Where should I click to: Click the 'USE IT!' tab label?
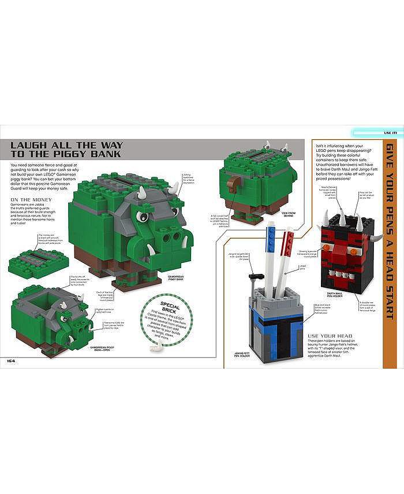pyautogui.click(x=390, y=133)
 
